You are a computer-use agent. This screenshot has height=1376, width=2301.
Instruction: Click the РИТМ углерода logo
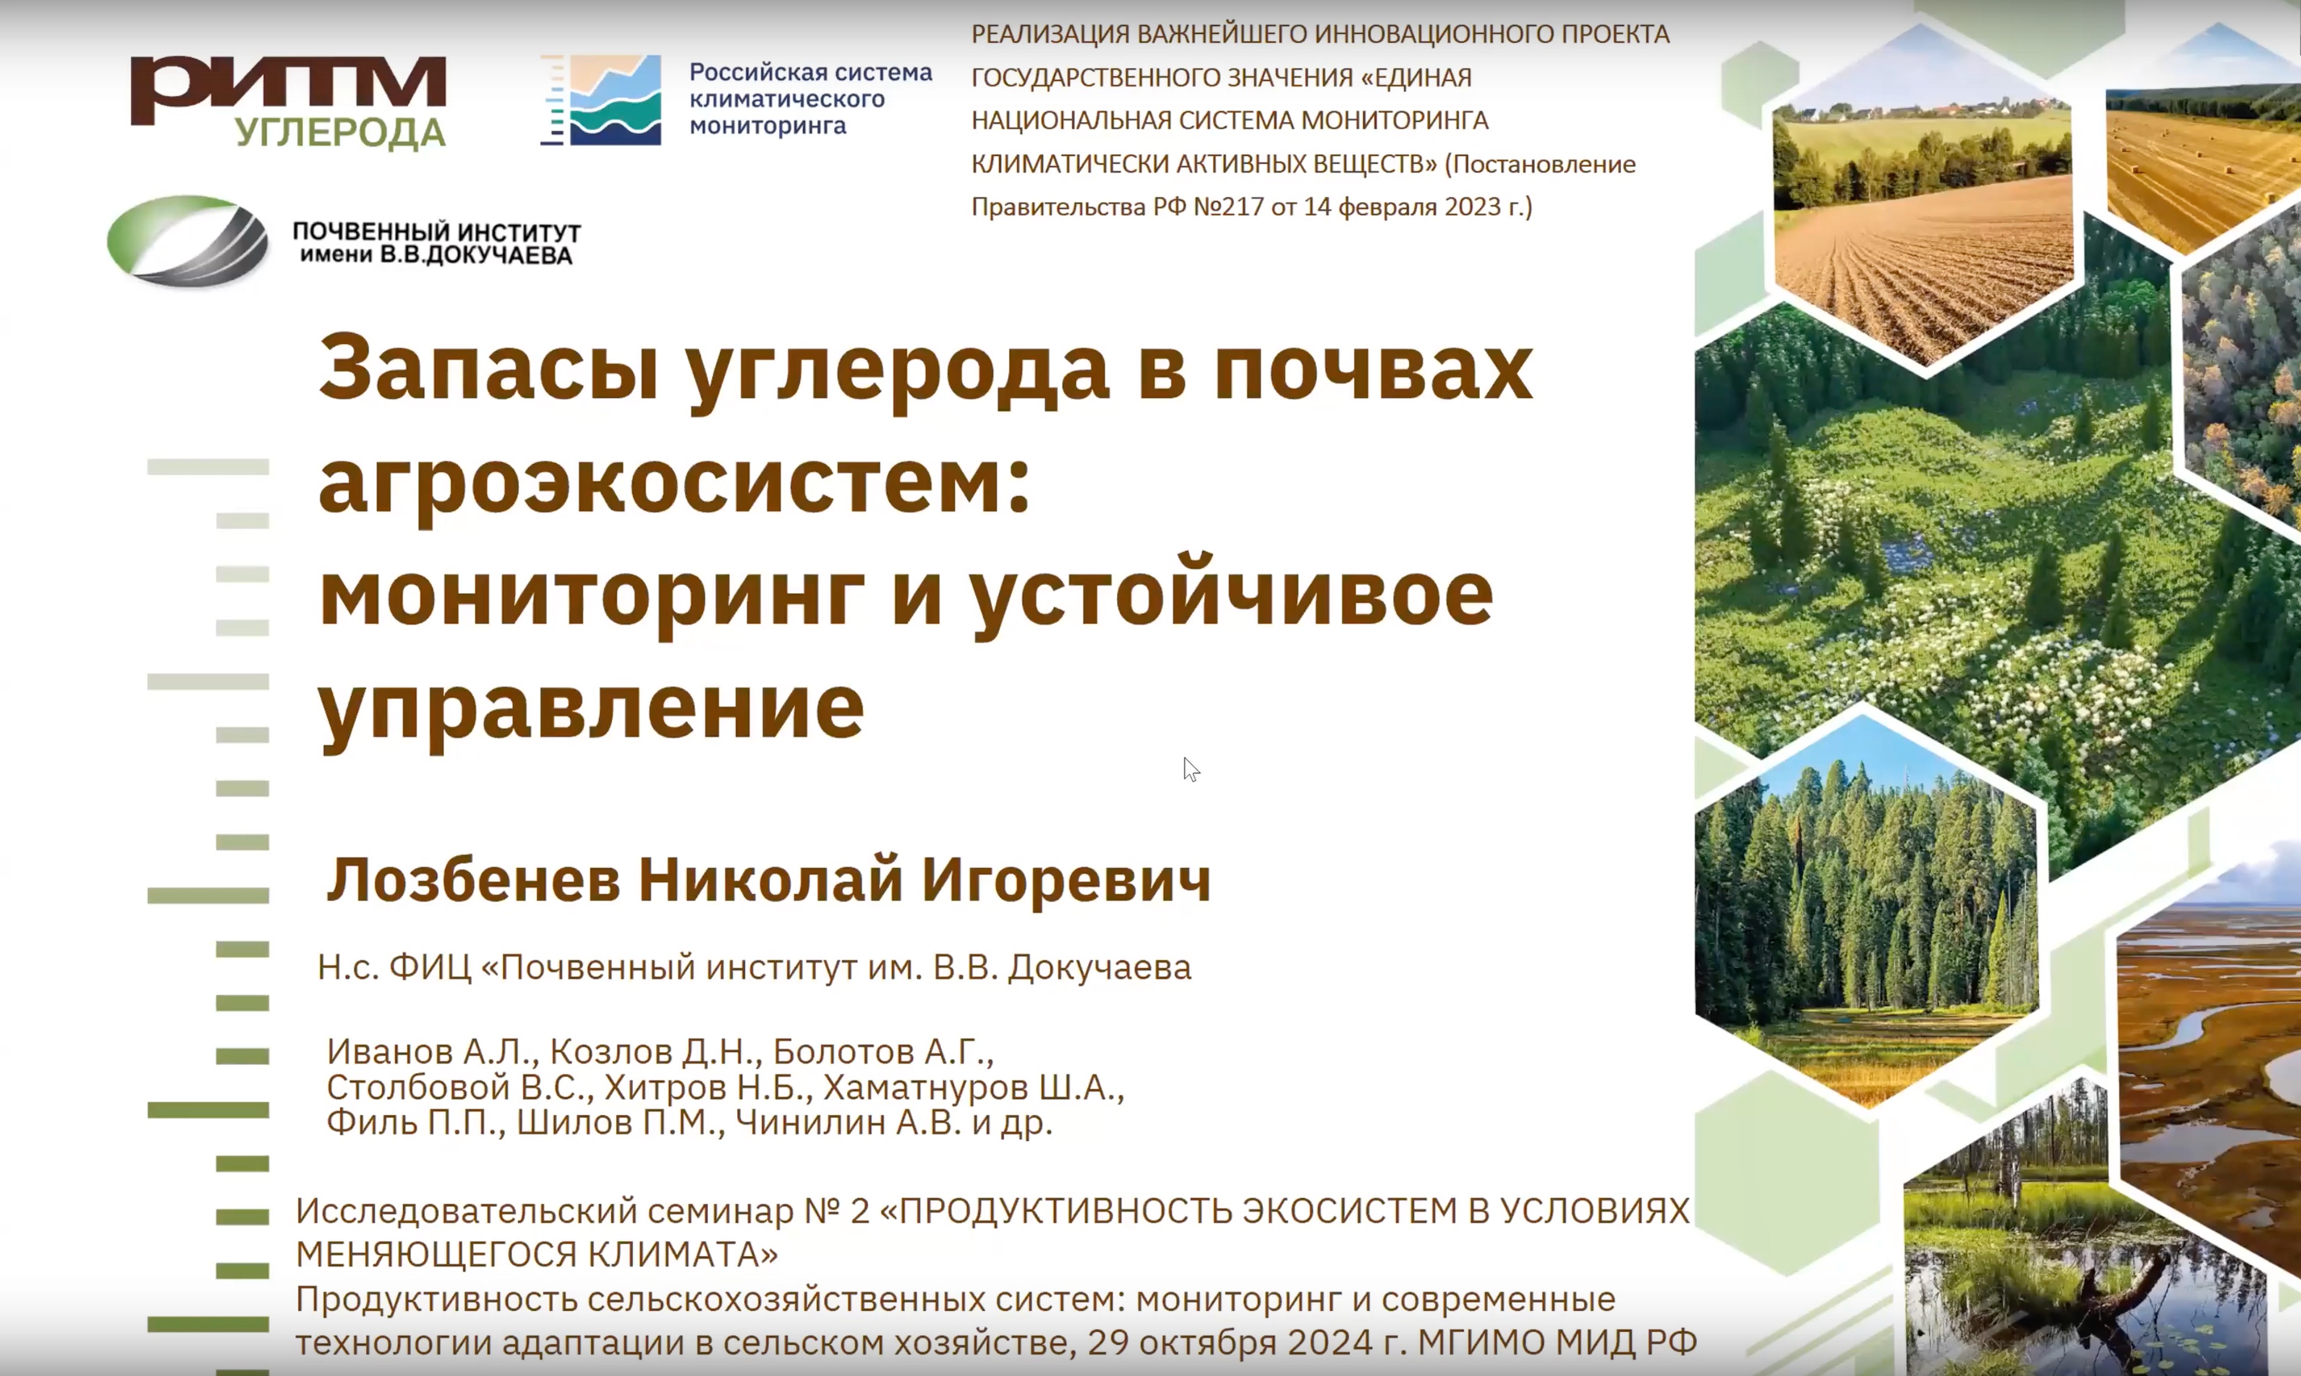click(289, 102)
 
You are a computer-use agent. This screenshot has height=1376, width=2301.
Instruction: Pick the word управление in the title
click(592, 708)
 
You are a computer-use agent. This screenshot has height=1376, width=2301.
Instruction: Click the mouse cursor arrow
click(1191, 770)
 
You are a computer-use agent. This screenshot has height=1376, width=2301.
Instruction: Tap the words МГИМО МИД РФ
click(1557, 1341)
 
